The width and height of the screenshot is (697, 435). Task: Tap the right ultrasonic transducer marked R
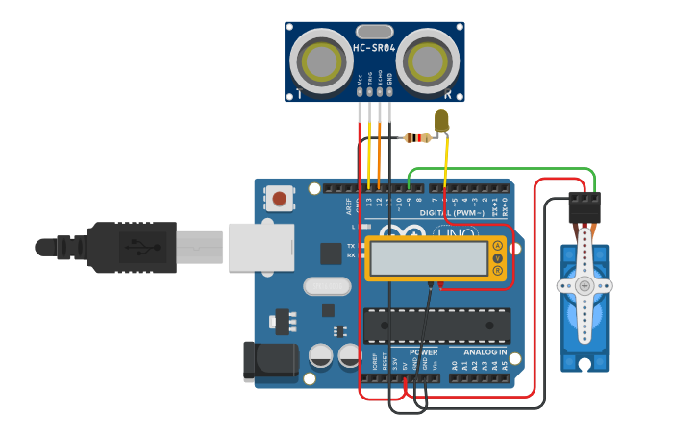(428, 60)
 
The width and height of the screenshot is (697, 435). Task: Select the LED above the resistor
(442, 121)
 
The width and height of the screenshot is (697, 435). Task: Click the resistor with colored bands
(416, 138)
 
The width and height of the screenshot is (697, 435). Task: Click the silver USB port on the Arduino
(261, 247)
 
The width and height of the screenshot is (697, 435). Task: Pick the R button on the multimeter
(497, 271)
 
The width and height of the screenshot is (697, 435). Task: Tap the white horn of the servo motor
(584, 286)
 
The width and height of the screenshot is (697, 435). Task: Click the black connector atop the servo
(584, 206)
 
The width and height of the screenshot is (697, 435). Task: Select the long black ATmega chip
(436, 326)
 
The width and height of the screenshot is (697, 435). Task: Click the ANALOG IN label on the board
(480, 352)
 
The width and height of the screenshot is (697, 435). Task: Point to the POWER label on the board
(423, 352)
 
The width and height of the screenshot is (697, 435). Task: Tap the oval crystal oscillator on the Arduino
(326, 286)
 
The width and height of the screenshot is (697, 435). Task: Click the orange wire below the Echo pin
(380, 154)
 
